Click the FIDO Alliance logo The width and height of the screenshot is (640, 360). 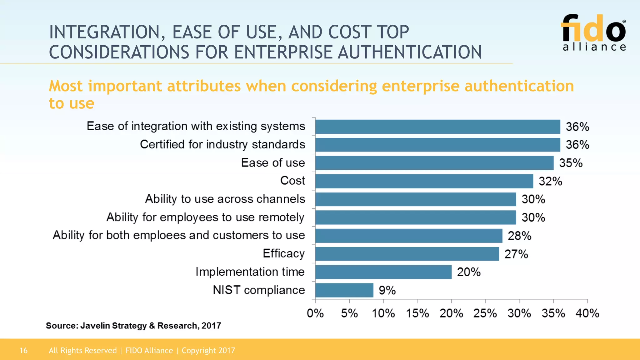pos(594,32)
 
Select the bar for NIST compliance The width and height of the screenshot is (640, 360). pos(344,290)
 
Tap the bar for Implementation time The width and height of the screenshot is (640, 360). pos(383,272)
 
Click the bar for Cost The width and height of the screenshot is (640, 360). pos(424,181)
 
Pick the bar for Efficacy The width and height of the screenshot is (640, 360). pos(407,254)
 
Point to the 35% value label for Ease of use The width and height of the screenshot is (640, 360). pos(571,163)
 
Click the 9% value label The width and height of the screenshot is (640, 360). pos(387,291)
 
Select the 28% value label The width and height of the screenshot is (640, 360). pos(519,236)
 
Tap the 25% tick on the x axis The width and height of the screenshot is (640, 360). pos(485,313)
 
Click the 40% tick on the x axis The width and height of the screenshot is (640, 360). pos(587,313)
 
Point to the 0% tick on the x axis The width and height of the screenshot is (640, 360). pos(315,313)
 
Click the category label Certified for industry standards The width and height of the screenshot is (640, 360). pos(222,145)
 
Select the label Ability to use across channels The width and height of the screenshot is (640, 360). pos(225,199)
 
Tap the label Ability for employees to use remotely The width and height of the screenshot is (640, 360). pos(205,217)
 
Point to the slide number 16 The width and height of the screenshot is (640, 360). pos(23,351)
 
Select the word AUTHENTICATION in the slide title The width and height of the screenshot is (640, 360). pos(410,52)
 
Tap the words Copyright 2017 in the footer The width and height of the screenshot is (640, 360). pos(208,351)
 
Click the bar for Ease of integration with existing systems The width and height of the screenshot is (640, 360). pos(437,127)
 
